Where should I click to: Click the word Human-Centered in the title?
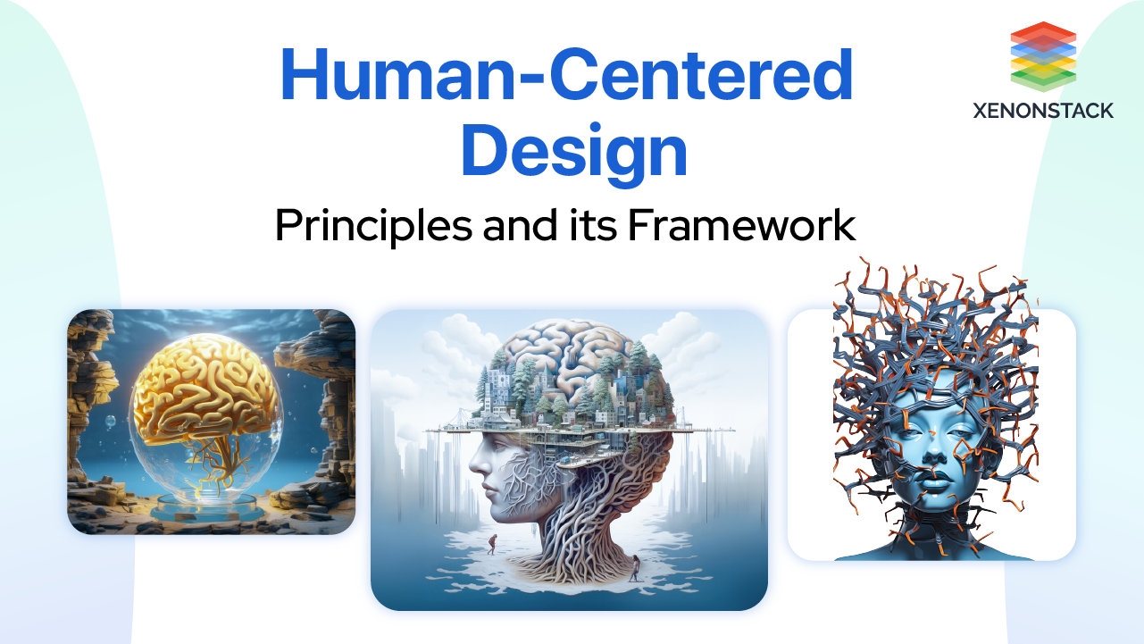[x=566, y=77]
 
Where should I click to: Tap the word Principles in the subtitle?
[x=372, y=225]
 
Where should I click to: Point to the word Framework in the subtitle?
[x=740, y=225]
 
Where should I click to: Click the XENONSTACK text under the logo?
[x=1043, y=111]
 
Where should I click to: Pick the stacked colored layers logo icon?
[x=1043, y=56]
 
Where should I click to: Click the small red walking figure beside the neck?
[x=490, y=541]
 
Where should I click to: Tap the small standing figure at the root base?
[x=634, y=565]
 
